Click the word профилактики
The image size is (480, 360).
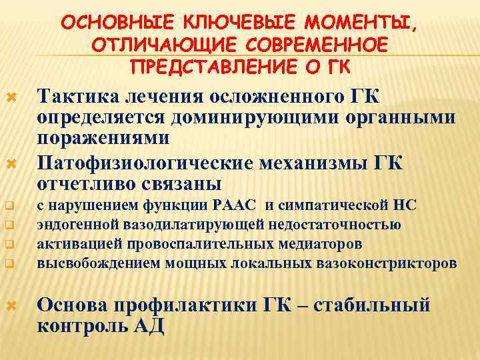[x=173, y=306]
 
